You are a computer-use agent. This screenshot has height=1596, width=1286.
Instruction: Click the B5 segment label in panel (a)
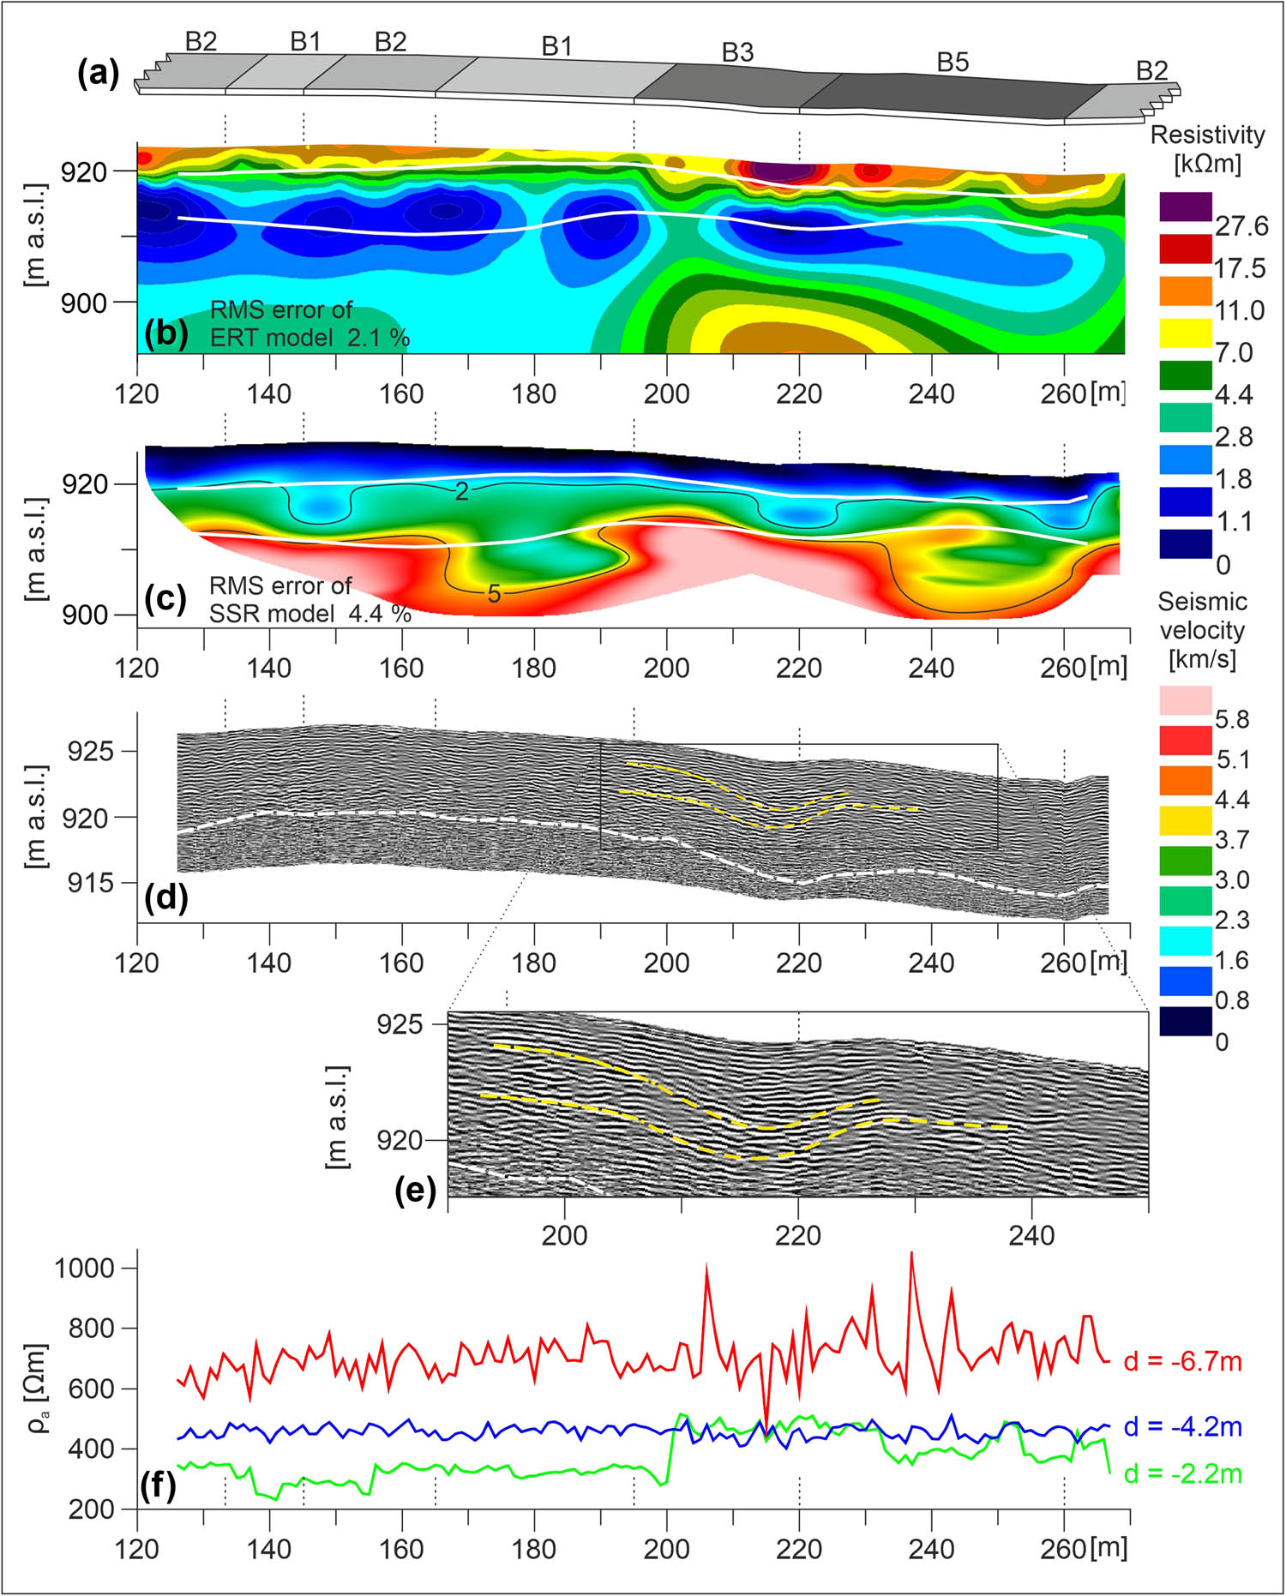pyautogui.click(x=952, y=62)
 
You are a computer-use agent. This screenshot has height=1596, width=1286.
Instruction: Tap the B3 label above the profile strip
pyautogui.click(x=737, y=52)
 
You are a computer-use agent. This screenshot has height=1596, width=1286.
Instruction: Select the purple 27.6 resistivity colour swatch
pyautogui.click(x=1186, y=207)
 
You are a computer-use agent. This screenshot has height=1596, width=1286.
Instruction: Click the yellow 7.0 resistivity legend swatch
pyautogui.click(x=1186, y=333)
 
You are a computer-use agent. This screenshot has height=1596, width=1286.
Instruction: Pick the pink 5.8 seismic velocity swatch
pyautogui.click(x=1186, y=699)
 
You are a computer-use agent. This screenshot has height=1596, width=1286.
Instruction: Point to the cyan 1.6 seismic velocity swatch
pyautogui.click(x=1186, y=941)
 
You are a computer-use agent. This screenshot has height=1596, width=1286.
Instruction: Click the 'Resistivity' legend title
pyautogui.click(x=1207, y=135)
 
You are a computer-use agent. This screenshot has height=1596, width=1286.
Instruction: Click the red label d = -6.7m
pyautogui.click(x=1182, y=1361)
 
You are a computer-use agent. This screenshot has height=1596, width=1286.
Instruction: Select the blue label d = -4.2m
pyautogui.click(x=1182, y=1426)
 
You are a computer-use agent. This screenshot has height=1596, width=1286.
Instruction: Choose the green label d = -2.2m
pyautogui.click(x=1182, y=1473)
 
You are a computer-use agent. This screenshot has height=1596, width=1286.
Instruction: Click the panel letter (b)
pyautogui.click(x=166, y=333)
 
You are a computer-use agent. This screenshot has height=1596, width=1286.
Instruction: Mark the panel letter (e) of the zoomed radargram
pyautogui.click(x=415, y=1191)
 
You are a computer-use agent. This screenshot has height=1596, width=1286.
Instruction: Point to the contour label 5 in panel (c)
pyautogui.click(x=494, y=593)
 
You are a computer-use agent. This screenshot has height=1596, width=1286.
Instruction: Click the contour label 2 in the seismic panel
pyautogui.click(x=461, y=491)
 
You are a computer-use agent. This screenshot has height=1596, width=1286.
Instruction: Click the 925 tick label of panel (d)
pyautogui.click(x=90, y=752)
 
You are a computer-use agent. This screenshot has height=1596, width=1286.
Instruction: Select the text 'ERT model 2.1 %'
pyautogui.click(x=309, y=338)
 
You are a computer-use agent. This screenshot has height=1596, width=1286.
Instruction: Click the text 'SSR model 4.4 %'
pyautogui.click(x=309, y=614)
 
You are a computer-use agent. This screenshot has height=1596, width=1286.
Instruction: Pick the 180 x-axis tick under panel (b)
pyautogui.click(x=534, y=394)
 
